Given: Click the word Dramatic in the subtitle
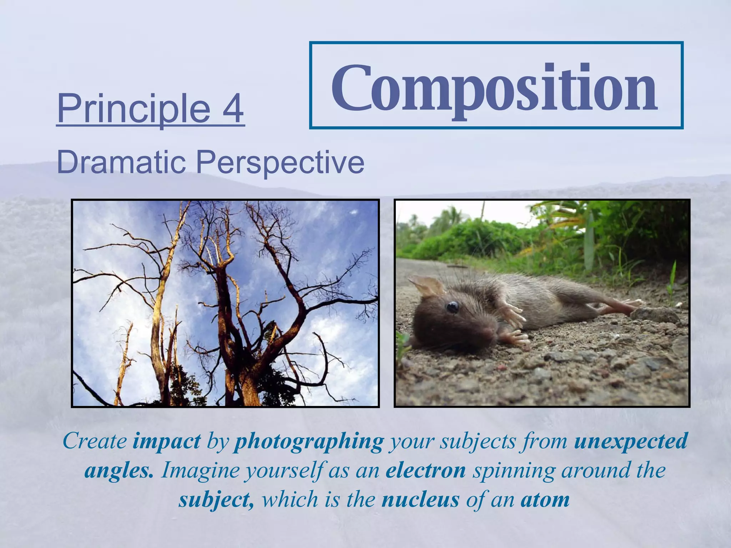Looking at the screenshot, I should (x=121, y=163).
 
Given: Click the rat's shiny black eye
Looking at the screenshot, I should (x=453, y=306).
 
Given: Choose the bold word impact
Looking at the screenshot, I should (x=166, y=441).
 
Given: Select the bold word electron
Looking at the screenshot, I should (x=425, y=470).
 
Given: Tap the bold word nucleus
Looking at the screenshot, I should (x=420, y=499).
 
